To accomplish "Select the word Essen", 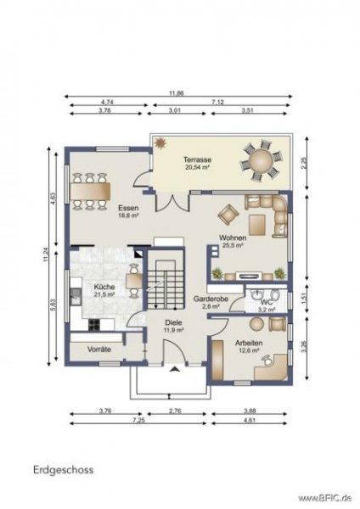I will [x=128, y=206].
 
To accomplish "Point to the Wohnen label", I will [x=232, y=238].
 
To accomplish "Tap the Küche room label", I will [x=104, y=288].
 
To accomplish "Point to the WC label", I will [x=266, y=301].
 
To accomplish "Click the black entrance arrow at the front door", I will [x=175, y=369].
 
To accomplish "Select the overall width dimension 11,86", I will [x=176, y=93].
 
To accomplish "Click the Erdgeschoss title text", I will [x=64, y=467].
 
